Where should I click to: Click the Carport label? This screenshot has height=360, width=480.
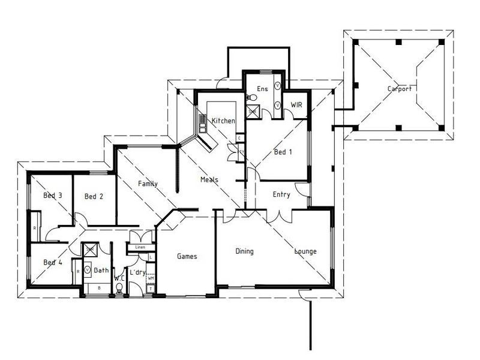coord(399,89)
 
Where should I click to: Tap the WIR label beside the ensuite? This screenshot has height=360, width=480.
coord(296,104)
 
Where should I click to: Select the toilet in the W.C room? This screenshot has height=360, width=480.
coord(119,288)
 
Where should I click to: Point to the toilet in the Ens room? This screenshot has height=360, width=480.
coord(248,97)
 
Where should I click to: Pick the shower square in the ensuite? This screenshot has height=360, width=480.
coord(253,110)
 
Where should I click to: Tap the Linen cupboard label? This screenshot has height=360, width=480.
coord(140,247)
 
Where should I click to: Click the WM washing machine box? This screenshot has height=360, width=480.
coord(151,278)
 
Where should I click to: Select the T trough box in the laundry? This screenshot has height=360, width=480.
coord(150,289)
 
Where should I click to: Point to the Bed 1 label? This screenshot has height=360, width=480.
coord(283,152)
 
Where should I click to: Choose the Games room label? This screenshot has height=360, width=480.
coord(187,256)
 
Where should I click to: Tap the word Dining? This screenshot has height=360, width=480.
coord(244,251)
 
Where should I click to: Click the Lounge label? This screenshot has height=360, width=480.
coord(305,251)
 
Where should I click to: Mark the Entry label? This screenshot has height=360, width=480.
coord(281,194)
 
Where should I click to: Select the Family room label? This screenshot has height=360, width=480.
coord(148,184)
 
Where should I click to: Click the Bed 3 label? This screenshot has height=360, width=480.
coord(53,196)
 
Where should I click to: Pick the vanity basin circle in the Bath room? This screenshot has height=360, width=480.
coord(88,271)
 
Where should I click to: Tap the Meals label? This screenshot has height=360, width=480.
coord(209,179)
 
